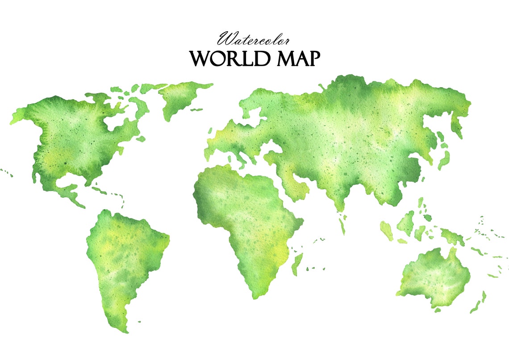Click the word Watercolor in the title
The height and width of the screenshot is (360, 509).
point(254,40)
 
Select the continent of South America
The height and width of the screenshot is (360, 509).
point(125,255)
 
